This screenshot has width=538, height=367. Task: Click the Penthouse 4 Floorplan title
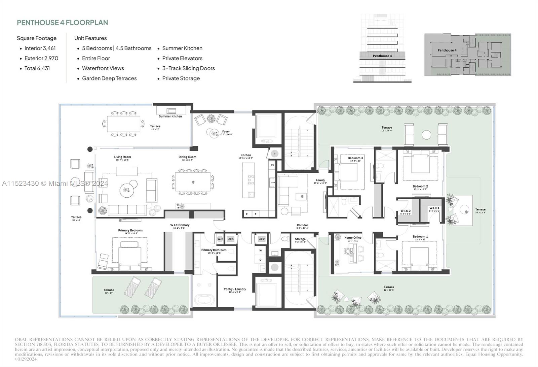tap(63, 23)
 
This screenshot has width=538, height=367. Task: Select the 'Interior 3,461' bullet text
tap(40, 48)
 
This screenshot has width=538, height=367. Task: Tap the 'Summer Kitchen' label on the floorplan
tap(170, 116)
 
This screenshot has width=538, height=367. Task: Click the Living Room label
tap(122, 157)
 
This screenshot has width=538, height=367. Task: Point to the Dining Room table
tap(193, 182)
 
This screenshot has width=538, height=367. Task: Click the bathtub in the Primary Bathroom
tap(204, 300)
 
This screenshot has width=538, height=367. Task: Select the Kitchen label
tap(245, 156)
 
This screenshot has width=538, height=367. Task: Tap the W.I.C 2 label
tap(406, 211)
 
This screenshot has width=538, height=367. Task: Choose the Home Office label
tap(353, 238)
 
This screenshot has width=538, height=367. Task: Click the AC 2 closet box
tap(262, 239)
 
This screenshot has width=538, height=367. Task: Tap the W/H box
tap(220, 239)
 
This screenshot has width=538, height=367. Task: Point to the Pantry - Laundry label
tap(235, 289)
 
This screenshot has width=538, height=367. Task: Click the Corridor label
tap(302, 225)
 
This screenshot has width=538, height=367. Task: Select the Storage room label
tap(300, 239)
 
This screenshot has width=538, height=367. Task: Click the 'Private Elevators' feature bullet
tap(182, 58)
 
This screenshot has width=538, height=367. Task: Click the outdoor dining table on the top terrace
tap(123, 124)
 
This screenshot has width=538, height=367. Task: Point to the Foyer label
tap(226, 132)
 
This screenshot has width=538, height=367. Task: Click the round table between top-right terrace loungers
tap(426, 135)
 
